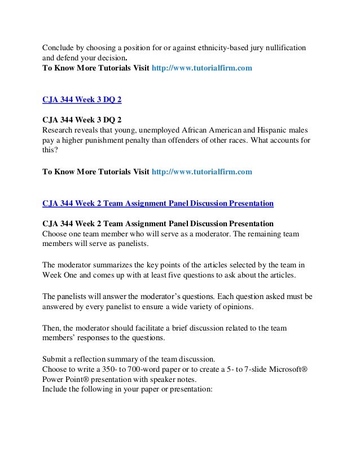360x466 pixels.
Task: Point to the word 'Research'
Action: pyautogui.click(x=59, y=129)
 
